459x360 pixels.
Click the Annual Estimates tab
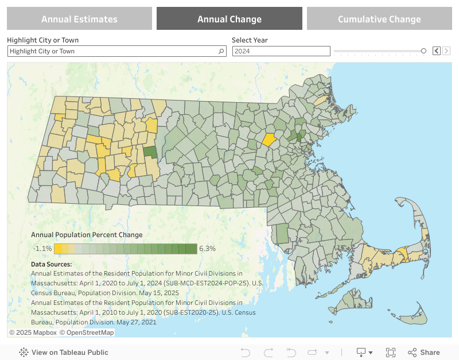79,19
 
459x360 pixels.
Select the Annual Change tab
229,19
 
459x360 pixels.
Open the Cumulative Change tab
379,19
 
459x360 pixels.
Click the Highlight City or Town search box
112,51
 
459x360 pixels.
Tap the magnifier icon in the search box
221,51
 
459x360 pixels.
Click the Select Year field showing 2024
281,51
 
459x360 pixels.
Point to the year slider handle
423,51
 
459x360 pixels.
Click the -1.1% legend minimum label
42,249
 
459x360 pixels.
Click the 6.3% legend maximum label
207,249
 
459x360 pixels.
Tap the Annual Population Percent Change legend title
87,235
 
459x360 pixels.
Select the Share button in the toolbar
424,353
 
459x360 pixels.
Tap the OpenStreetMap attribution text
90,332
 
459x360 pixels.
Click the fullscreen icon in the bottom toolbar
391,353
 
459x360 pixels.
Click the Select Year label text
250,40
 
